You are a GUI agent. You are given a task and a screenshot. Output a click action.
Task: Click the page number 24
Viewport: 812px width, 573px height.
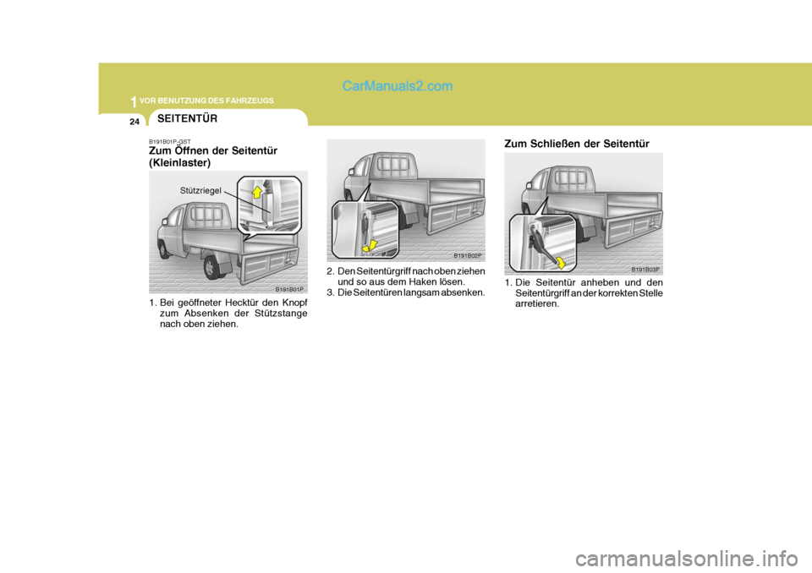click(x=134, y=123)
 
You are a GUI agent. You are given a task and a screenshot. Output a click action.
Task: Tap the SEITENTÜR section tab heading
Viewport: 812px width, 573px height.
click(x=188, y=118)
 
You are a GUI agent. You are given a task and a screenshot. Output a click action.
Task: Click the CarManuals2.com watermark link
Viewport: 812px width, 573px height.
click(x=398, y=86)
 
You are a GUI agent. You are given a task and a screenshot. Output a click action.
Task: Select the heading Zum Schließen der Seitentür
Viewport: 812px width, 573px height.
click(x=576, y=144)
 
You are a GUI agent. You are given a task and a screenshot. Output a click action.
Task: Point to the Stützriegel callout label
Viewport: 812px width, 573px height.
click(x=200, y=190)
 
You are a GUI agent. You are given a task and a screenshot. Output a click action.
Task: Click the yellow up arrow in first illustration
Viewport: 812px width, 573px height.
click(x=256, y=193)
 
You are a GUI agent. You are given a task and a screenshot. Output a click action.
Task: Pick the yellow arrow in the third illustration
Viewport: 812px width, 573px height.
click(x=559, y=262)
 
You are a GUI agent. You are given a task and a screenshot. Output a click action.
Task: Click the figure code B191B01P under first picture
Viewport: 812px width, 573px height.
click(x=289, y=289)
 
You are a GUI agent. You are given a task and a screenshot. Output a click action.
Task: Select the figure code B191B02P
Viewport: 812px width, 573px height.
click(x=468, y=256)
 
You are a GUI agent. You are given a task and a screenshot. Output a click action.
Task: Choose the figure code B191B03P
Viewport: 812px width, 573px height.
click(x=645, y=270)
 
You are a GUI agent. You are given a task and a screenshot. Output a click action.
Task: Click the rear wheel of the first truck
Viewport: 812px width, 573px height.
click(x=211, y=266)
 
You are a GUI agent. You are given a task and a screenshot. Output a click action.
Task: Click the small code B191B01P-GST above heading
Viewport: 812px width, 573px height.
click(x=170, y=141)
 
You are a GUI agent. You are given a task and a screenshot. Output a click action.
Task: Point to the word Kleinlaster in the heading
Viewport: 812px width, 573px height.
click(x=180, y=163)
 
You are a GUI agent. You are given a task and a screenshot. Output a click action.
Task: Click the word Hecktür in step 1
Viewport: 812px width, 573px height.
click(x=250, y=303)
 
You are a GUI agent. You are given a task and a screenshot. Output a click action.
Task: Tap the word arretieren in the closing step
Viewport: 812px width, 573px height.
click(x=537, y=304)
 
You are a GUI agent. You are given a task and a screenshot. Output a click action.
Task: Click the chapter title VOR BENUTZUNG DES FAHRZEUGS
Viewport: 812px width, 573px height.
click(x=206, y=101)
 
